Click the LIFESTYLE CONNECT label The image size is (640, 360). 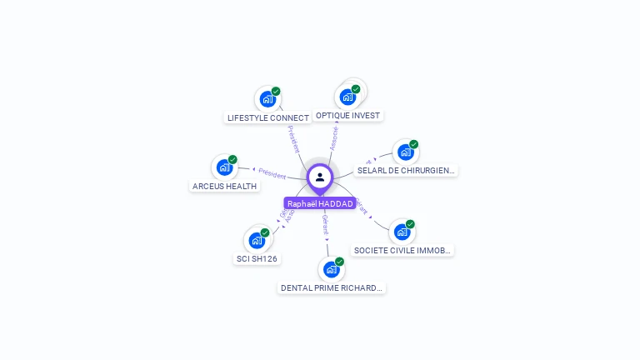268,118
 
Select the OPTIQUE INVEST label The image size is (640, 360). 348,116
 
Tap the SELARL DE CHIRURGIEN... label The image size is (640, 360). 406,171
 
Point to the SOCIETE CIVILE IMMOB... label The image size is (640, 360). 402,250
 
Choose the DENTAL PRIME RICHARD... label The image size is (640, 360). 332,288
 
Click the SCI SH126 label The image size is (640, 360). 257,259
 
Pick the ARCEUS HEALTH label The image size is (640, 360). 224,187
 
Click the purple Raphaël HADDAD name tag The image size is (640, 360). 320,203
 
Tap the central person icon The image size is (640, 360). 320,177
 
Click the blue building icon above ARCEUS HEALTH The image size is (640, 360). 223,167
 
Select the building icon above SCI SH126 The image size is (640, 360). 257,240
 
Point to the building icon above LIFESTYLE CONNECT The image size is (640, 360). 267,99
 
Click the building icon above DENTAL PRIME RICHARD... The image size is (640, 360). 331,269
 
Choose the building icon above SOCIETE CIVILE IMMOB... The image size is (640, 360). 402,232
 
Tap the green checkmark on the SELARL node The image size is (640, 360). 413,144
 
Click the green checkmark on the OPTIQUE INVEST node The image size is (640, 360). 356,89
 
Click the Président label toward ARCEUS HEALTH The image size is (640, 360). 272,173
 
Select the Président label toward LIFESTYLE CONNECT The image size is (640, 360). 293,139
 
